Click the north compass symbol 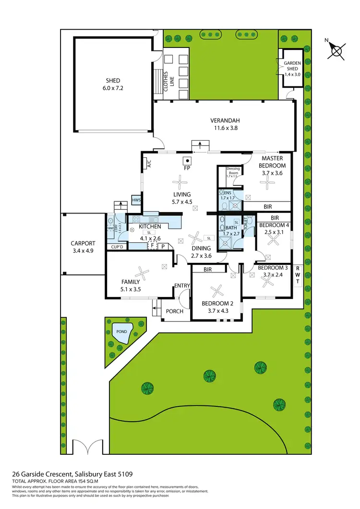tap(338, 50)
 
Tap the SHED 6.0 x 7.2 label tap(113, 84)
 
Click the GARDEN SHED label tap(292, 69)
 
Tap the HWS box tap(136, 200)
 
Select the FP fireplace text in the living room tap(188, 169)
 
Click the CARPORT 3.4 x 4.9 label tap(83, 247)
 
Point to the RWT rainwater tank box tap(298, 275)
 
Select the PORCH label tap(175, 311)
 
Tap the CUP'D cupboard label tap(118, 247)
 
